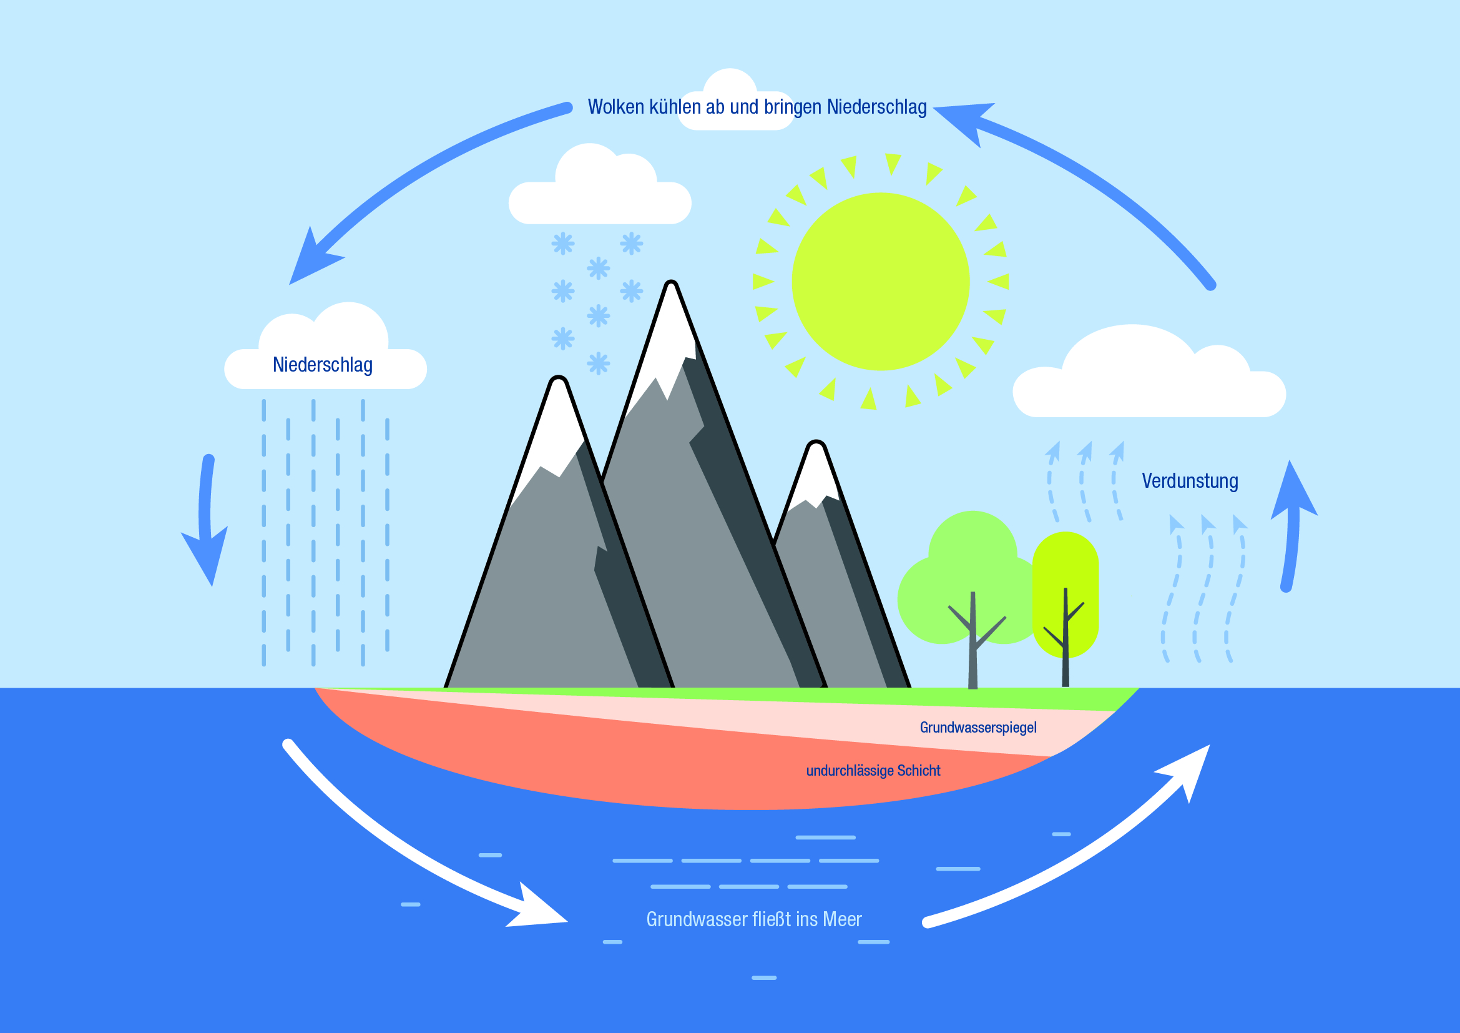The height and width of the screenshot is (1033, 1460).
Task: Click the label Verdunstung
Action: click(1190, 481)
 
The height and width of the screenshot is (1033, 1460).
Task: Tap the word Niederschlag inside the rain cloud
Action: click(322, 365)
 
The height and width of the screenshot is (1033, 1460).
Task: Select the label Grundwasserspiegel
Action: click(978, 727)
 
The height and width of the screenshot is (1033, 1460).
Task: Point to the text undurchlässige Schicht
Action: click(873, 770)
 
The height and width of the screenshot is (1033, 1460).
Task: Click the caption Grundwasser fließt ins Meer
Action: click(753, 919)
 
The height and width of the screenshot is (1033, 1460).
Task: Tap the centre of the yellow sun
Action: click(880, 282)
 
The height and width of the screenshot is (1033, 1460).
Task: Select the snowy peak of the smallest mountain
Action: click(814, 474)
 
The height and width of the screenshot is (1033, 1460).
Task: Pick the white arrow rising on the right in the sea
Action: click(1081, 846)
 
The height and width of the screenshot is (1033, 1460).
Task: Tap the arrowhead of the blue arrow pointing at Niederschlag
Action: click(311, 257)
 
